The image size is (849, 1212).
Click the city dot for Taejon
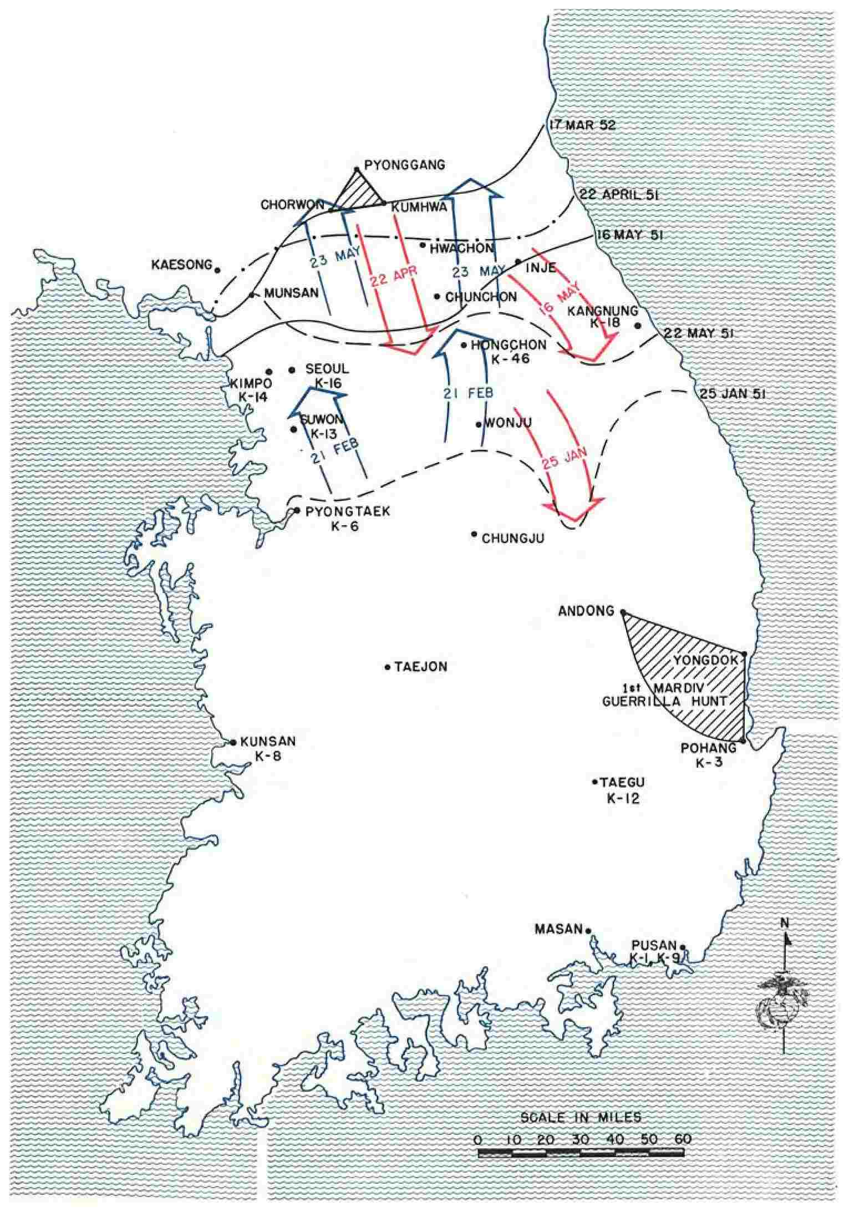coord(388,667)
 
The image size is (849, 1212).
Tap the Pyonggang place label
coord(405,165)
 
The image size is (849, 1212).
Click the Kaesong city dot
coord(217,270)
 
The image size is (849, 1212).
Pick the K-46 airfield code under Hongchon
coord(511,359)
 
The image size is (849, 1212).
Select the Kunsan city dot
coord(233,742)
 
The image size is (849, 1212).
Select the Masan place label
coord(558,929)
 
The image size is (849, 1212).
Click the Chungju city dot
coord(474,534)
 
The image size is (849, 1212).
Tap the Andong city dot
coord(622,612)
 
